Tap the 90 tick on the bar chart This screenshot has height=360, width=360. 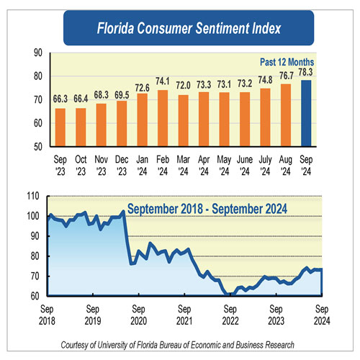pos(37,53)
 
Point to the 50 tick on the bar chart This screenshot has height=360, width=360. pos(37,146)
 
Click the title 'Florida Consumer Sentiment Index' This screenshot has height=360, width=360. pos(180,30)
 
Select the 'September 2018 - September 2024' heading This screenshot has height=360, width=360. pos(207,210)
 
